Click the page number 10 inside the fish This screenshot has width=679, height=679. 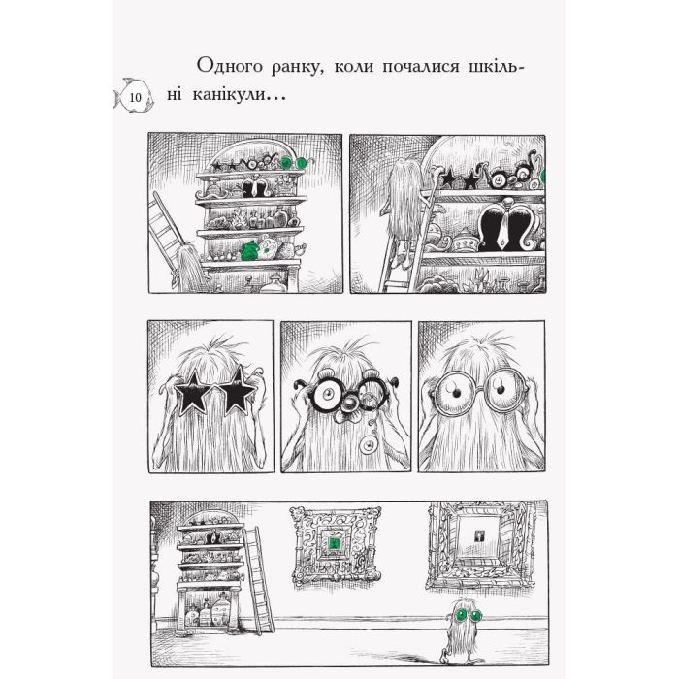click(134, 97)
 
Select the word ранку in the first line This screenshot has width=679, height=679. click(310, 66)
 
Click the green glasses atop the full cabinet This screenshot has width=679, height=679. click(303, 161)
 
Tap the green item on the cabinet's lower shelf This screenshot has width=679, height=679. click(253, 249)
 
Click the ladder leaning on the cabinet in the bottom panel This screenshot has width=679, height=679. click(257, 570)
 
